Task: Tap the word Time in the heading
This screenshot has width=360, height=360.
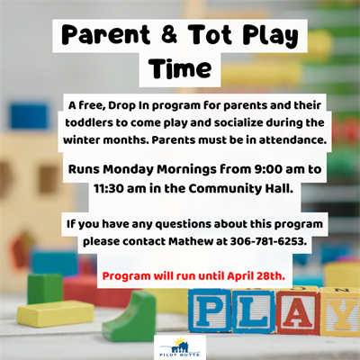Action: [180, 67]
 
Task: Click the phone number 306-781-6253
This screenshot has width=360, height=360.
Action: [268, 241]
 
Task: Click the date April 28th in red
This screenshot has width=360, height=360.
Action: [256, 276]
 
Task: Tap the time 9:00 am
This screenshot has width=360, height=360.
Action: [278, 169]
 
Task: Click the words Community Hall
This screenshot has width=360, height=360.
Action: [240, 189]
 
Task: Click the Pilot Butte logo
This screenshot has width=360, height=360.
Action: [180, 347]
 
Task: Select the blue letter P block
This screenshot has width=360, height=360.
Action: [211, 310]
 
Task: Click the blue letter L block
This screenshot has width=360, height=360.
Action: [255, 311]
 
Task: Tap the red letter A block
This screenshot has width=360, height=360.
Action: [299, 312]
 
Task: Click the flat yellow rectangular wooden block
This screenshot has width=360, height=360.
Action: [55, 313]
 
